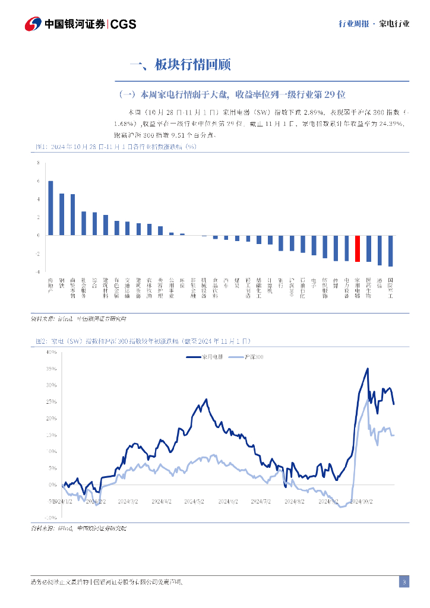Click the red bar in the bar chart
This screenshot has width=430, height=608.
[358, 248]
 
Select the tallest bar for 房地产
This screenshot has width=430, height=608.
[50, 208]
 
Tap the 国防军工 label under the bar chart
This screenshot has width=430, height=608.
[390, 287]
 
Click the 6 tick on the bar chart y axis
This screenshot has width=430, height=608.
[39, 181]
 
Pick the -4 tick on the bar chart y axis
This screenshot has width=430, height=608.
[38, 271]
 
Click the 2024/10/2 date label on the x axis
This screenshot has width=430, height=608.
[362, 501]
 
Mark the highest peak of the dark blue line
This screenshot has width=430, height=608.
[368, 369]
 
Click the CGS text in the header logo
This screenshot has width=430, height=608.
[124, 24]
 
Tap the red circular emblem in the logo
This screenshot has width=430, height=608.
[33, 24]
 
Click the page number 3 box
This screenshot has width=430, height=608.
[404, 582]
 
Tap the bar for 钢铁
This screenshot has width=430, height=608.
[62, 214]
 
